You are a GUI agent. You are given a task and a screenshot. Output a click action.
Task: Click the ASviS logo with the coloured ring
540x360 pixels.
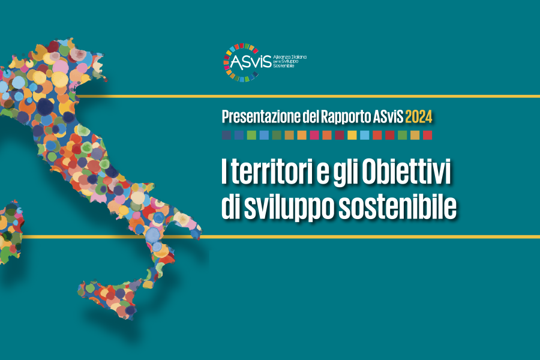(265, 62)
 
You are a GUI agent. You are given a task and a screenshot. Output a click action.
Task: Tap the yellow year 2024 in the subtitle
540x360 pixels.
(418, 117)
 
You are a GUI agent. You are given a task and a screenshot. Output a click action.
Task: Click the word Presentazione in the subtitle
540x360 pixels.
(261, 117)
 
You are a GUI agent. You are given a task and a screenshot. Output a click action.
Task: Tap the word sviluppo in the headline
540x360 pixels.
(289, 208)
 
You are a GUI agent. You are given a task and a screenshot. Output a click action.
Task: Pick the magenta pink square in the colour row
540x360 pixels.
(314, 135)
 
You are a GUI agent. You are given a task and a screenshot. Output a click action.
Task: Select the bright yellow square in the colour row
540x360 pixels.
(352, 135)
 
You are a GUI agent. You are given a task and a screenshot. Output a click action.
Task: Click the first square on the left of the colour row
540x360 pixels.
(226, 135)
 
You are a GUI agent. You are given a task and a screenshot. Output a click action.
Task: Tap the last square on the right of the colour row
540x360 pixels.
(427, 135)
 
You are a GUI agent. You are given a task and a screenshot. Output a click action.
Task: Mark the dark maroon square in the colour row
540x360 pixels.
(339, 135)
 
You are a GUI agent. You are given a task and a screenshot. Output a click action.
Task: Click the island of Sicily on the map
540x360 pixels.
(111, 298)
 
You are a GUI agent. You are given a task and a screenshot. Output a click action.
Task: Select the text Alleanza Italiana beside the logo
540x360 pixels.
(289, 57)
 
